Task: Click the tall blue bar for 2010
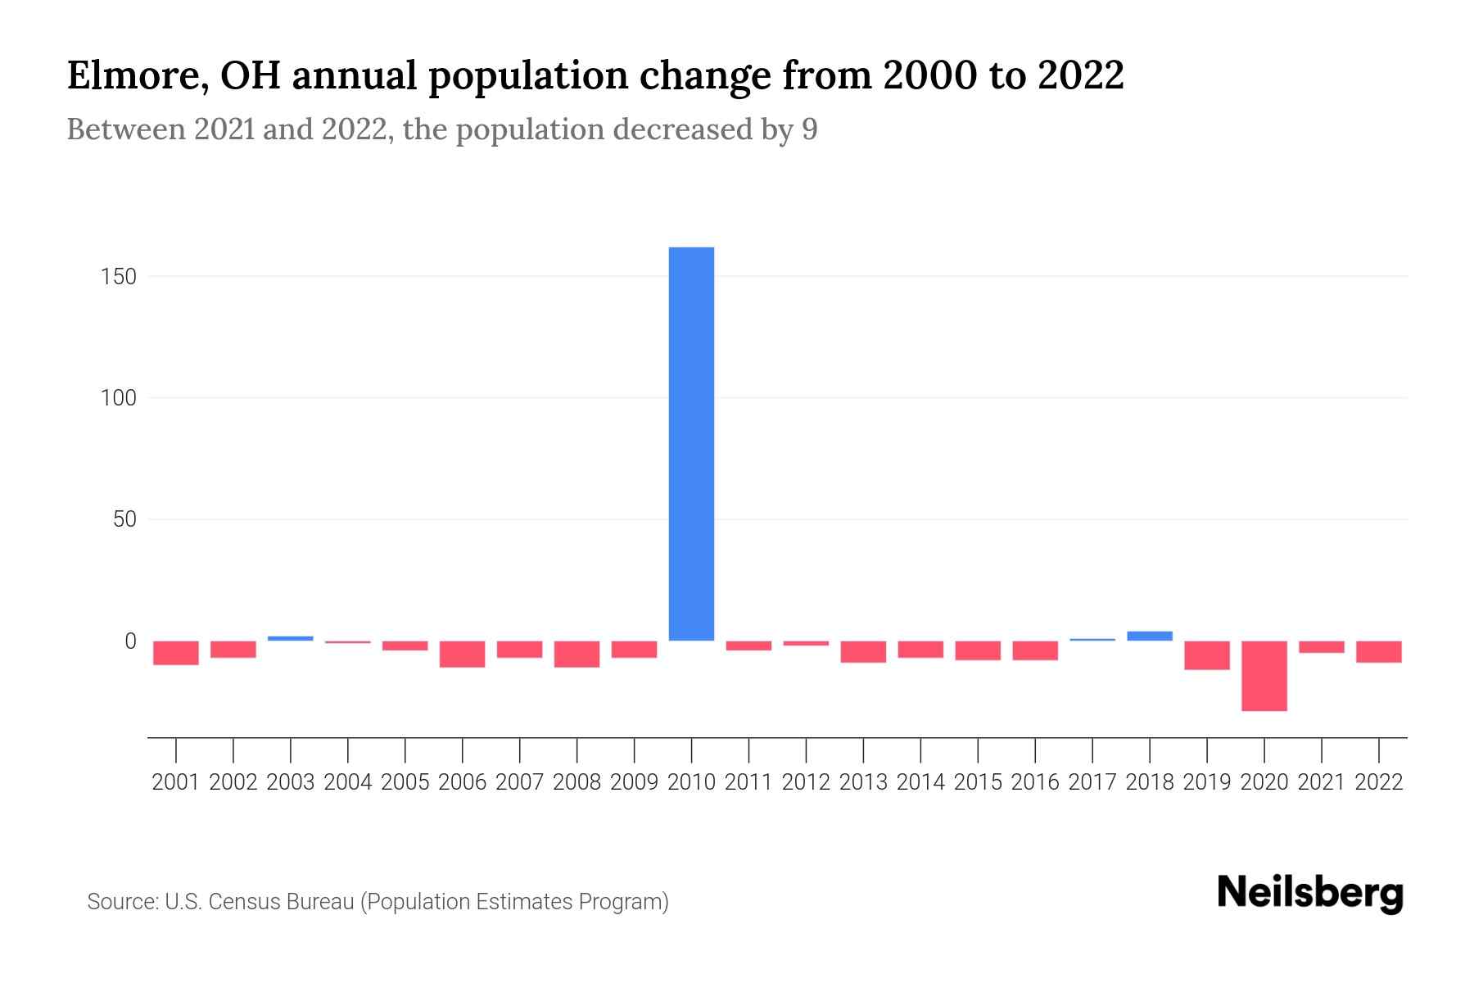pos(691,442)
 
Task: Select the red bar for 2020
pos(1264,676)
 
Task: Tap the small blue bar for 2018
pos(1150,636)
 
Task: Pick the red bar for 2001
pos(176,653)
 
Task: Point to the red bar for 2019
pos(1207,655)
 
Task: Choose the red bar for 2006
pos(463,654)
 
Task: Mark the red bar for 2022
pos(1379,651)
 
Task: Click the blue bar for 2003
pos(291,638)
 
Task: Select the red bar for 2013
pos(863,651)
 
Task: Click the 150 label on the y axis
pos(119,277)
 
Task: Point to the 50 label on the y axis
pos(124,519)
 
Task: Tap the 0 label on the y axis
pos(130,641)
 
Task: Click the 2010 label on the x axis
pos(691,782)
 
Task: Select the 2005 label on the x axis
pos(405,782)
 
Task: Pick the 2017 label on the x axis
pos(1092,782)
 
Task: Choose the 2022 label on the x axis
pos(1379,782)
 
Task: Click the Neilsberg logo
pos(1310,894)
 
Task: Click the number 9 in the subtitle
pos(809,130)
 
